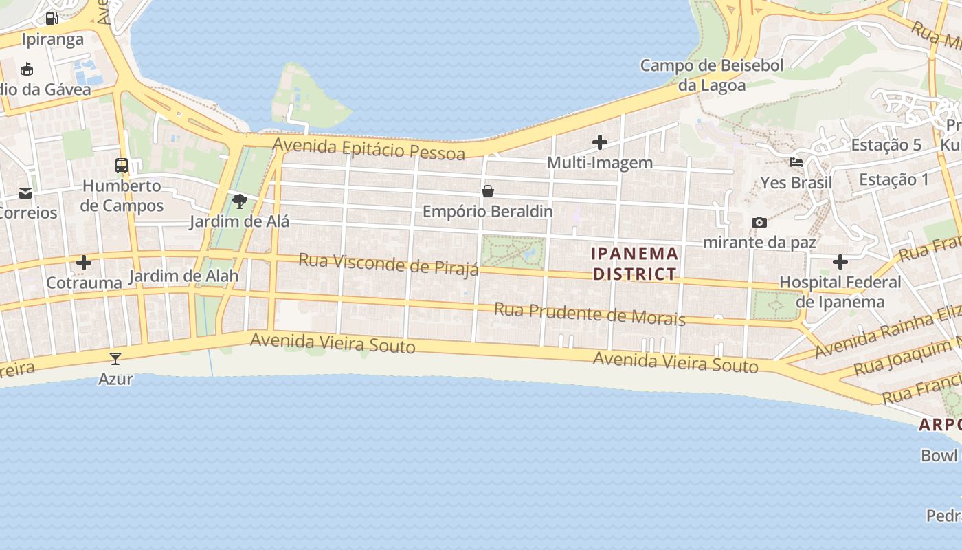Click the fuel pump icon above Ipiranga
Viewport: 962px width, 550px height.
point(52,19)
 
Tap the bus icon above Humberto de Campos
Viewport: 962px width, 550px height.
point(122,166)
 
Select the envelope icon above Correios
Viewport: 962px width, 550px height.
point(25,193)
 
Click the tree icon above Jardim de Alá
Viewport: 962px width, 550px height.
point(240,201)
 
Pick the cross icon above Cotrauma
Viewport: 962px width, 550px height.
point(84,263)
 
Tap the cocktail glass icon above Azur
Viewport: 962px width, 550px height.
point(115,358)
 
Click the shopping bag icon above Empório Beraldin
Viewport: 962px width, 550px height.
point(488,191)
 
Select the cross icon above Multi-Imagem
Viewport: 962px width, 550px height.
point(600,143)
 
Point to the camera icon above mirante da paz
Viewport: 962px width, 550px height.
point(759,222)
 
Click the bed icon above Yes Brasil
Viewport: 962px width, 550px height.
point(796,163)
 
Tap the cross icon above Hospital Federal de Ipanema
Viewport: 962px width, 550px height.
point(840,262)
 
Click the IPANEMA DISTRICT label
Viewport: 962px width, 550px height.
point(635,264)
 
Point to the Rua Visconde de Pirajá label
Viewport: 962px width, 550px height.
point(388,264)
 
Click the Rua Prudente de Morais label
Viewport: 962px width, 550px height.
point(590,313)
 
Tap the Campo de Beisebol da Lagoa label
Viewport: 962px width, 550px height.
point(712,76)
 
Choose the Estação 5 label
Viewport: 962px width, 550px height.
point(886,145)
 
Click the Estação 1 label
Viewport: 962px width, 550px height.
point(894,179)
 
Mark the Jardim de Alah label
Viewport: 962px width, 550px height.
point(183,276)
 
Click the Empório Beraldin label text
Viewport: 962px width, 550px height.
point(488,211)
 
